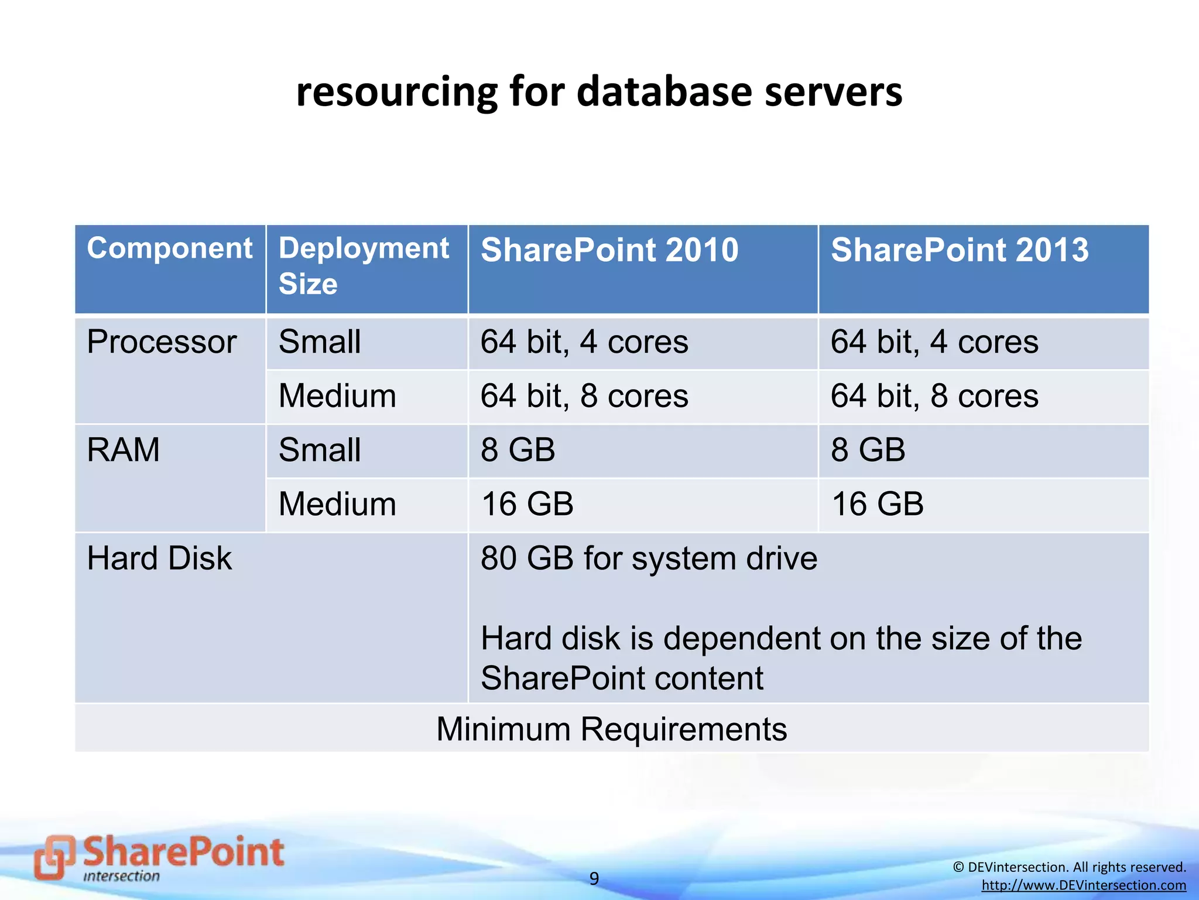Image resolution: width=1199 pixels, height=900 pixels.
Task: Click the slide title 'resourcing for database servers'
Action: point(599,92)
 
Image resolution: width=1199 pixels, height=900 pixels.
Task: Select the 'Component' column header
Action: point(170,248)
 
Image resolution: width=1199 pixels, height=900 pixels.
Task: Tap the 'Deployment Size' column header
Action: point(363,265)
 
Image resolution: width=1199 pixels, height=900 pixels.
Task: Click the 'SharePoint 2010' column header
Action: point(609,250)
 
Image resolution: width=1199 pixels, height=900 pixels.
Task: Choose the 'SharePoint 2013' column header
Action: point(959,250)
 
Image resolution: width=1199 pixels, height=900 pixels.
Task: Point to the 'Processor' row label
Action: point(162,342)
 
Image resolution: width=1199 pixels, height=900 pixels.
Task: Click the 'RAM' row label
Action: point(123,450)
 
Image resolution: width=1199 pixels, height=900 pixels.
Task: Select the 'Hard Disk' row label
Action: point(159,558)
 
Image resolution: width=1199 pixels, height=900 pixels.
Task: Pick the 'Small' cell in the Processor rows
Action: point(320,342)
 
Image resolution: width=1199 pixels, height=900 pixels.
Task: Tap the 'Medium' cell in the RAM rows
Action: point(337,504)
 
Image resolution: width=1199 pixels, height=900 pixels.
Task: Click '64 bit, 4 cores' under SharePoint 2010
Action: point(584,342)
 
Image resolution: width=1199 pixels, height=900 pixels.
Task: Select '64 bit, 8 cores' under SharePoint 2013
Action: point(934,396)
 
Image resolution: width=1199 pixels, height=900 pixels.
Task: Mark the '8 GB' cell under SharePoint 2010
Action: point(518,450)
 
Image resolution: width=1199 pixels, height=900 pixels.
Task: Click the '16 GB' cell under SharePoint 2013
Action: point(877,504)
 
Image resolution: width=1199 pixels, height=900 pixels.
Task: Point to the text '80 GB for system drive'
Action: point(649,558)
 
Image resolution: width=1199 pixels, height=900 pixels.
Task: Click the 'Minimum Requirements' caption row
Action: point(611,729)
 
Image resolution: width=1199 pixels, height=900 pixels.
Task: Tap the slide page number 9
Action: point(594,878)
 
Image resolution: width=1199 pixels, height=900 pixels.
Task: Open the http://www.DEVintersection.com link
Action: point(1084,885)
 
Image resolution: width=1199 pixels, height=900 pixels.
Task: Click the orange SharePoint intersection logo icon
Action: point(54,857)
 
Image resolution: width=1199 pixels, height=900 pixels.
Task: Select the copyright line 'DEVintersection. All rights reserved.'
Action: point(1070,867)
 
